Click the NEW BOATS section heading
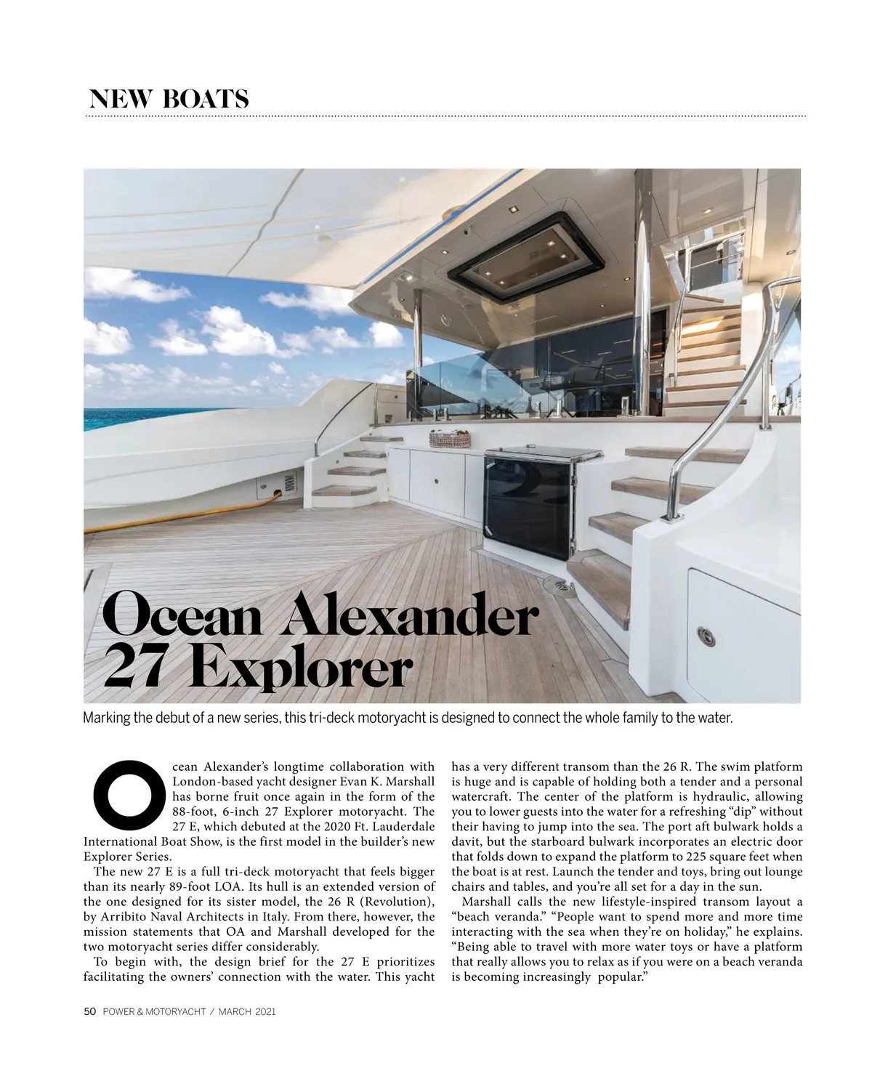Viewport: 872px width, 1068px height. (169, 99)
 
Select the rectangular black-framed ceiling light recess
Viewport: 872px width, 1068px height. (525, 259)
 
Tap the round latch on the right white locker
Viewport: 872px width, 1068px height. (706, 636)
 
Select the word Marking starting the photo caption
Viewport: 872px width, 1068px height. (107, 719)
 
